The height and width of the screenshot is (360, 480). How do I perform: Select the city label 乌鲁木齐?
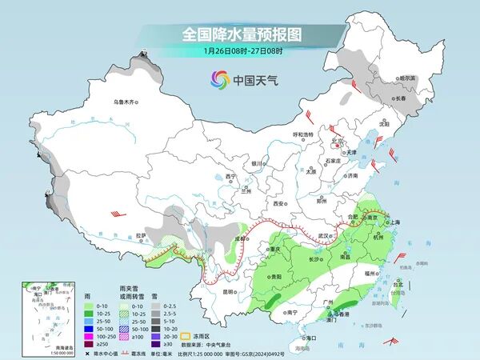pos(126,102)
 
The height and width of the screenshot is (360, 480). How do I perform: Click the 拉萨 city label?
pos(141,235)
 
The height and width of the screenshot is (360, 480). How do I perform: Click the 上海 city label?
pos(394,222)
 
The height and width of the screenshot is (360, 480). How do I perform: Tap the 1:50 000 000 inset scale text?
pos(39,352)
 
